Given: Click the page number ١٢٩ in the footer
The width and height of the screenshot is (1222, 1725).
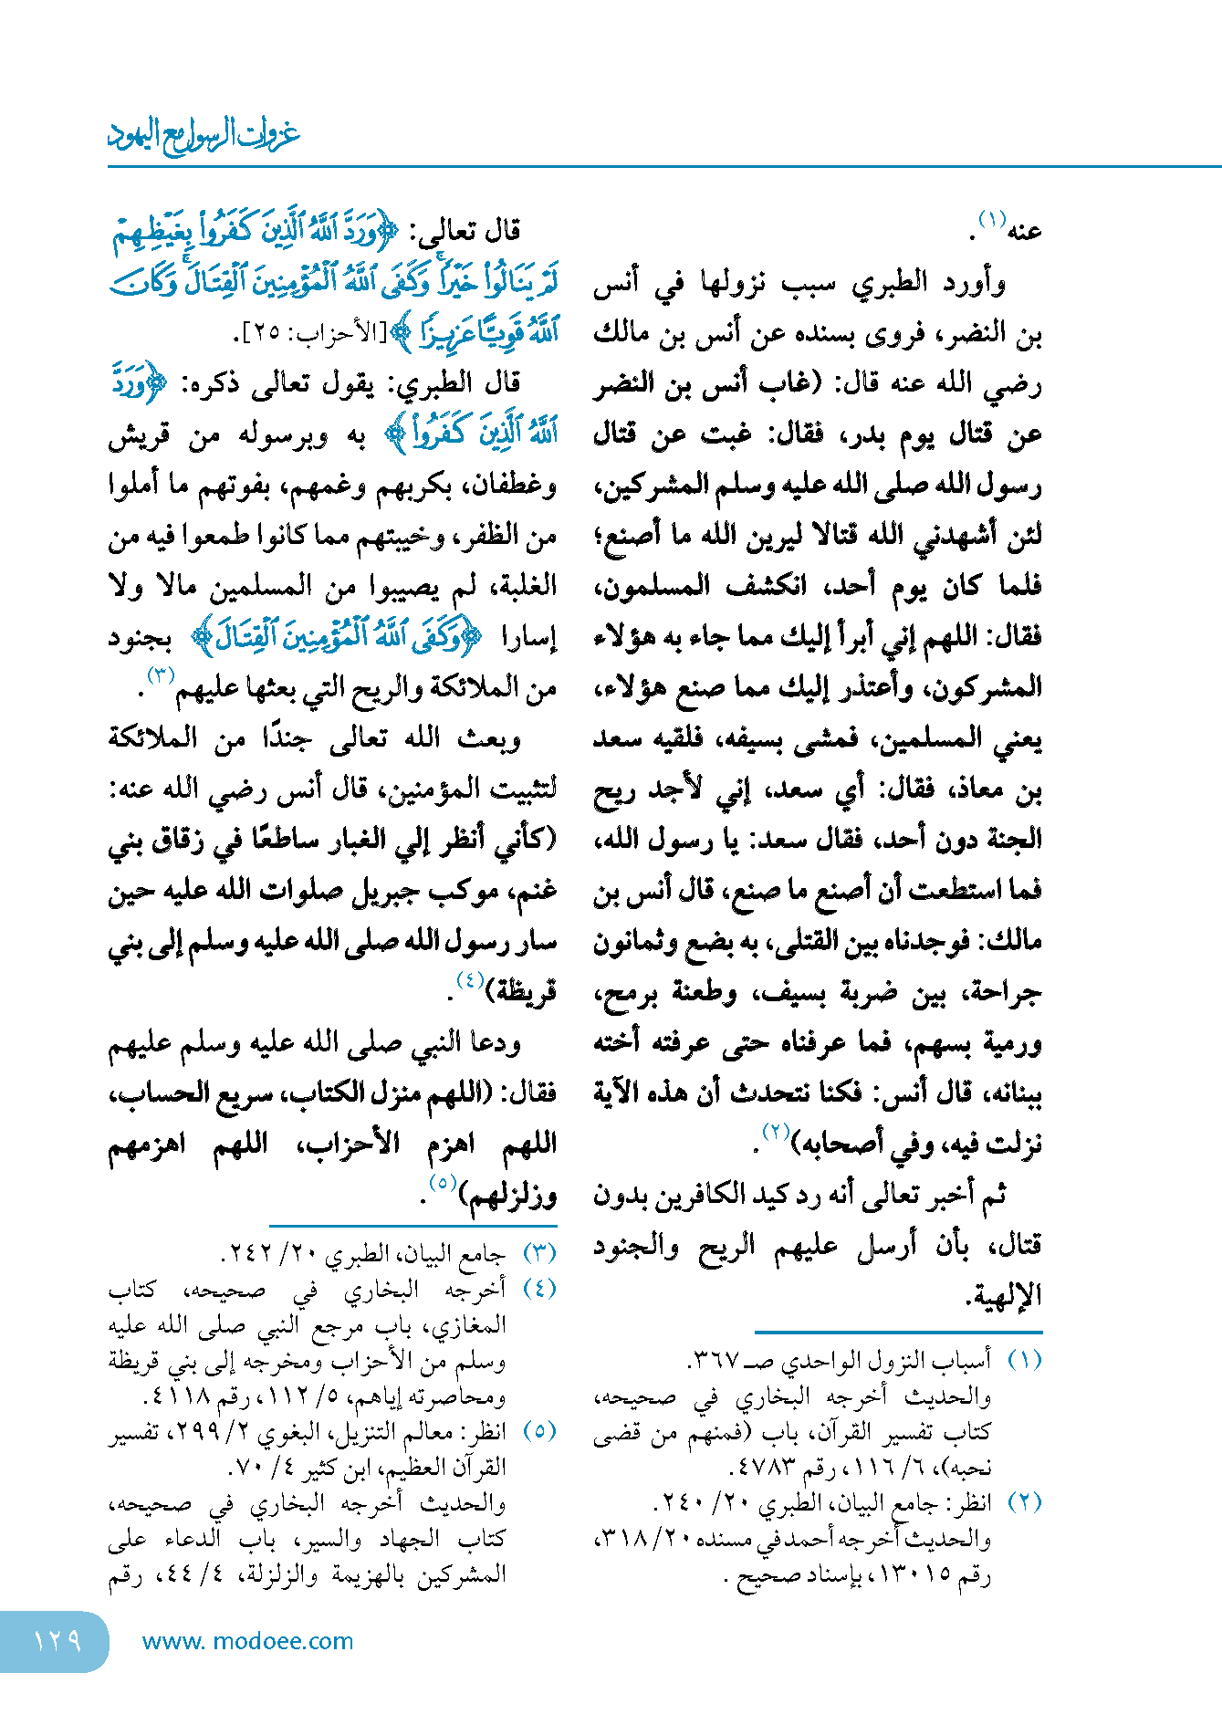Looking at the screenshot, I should (x=57, y=1641).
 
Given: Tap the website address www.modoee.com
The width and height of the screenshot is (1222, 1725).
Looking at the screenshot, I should (x=247, y=1641).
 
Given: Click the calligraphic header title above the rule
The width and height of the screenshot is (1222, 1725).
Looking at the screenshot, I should (x=204, y=135).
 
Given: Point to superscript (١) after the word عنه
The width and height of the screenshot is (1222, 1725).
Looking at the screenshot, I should (x=991, y=220).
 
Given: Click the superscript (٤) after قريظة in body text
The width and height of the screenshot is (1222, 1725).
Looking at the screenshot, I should (x=470, y=980).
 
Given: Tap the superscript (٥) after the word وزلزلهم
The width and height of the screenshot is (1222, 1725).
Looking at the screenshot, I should (x=443, y=1183).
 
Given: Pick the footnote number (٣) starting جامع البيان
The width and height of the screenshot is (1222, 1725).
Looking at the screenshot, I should (x=539, y=1254).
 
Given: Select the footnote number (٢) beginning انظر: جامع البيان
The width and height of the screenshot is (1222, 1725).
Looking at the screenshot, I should (x=1025, y=1502).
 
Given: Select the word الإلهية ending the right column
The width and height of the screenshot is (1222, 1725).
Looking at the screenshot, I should (x=1004, y=1294).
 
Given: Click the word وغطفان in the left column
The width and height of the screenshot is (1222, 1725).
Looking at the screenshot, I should (x=510, y=485).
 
